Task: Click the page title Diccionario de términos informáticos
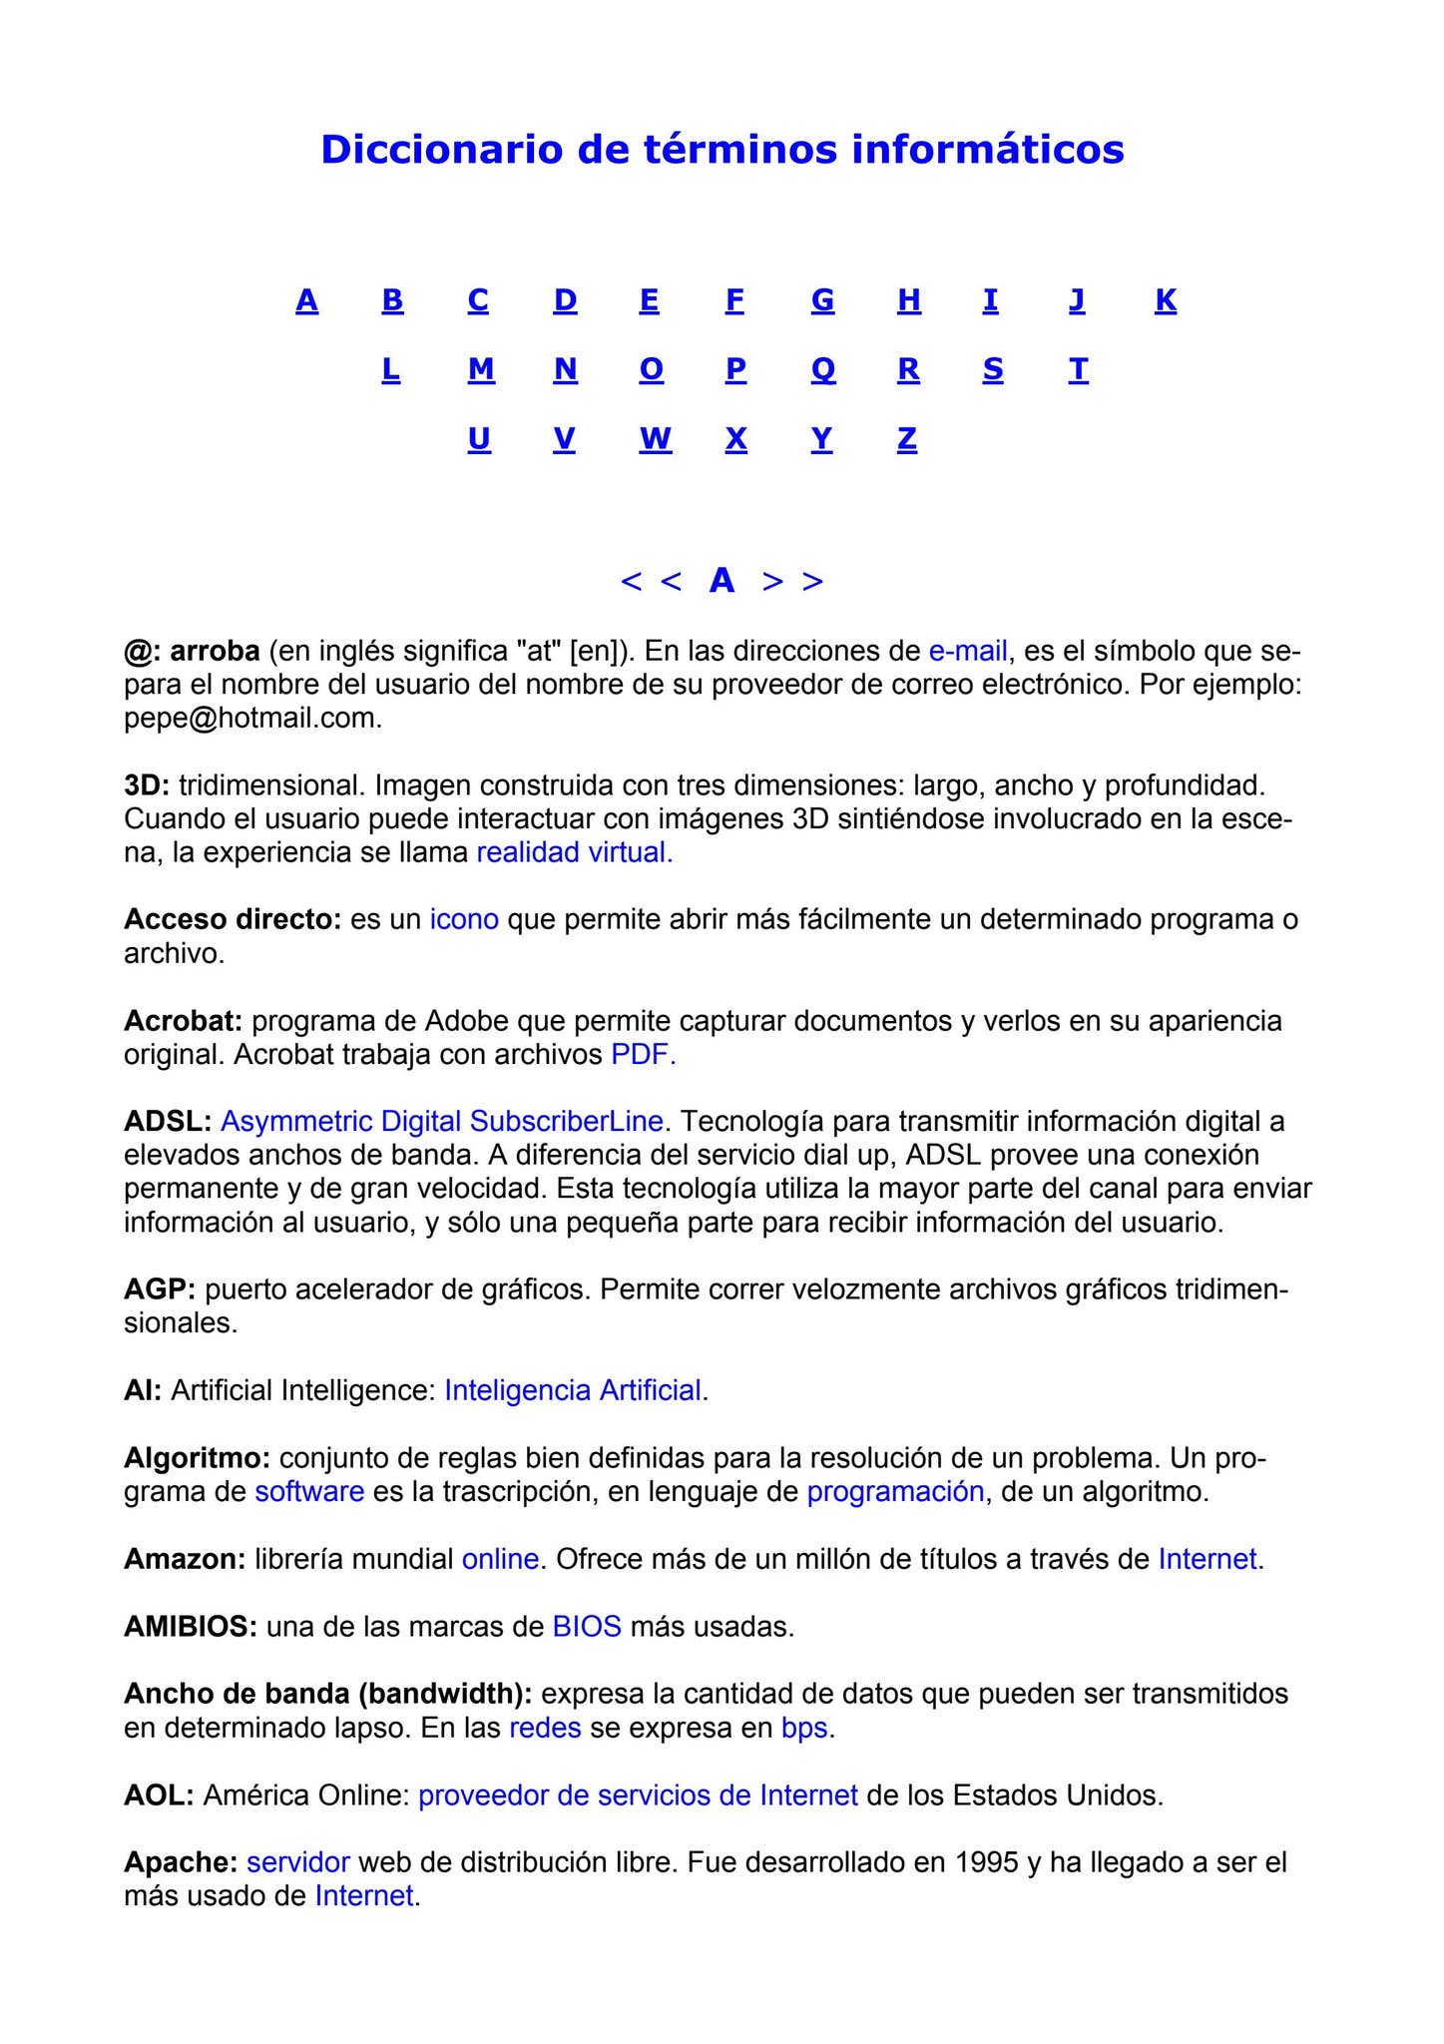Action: [722, 150]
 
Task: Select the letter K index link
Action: [1165, 299]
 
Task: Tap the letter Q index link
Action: [822, 369]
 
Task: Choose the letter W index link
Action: [655, 439]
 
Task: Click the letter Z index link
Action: [906, 439]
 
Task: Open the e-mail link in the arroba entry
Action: [967, 652]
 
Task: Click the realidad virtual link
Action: [574, 852]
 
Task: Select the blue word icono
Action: [464, 919]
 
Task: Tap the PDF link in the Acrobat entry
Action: [643, 1054]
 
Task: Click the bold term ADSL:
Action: [168, 1122]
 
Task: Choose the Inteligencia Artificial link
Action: [573, 1390]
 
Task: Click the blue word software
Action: [309, 1492]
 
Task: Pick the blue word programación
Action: [895, 1492]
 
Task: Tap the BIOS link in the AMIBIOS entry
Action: [587, 1627]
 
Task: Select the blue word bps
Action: [804, 1728]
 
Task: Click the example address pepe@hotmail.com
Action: [252, 719]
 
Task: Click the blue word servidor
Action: [297, 1862]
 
